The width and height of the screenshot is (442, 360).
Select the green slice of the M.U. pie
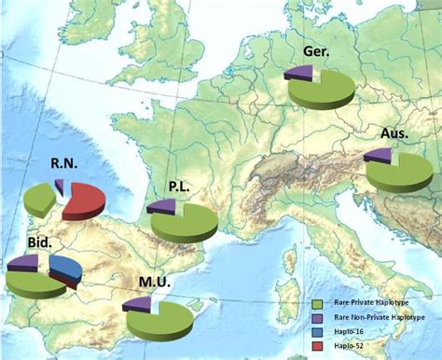click(163, 321)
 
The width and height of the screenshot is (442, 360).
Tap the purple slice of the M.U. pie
click(136, 304)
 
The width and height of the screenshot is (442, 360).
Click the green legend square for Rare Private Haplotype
click(318, 303)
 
